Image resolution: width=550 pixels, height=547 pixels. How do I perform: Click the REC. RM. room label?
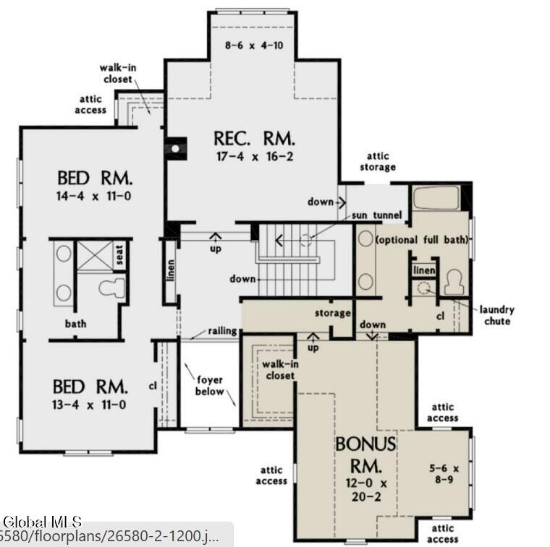pos(254,138)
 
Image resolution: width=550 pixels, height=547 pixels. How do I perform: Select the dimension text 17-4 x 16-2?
pos(254,156)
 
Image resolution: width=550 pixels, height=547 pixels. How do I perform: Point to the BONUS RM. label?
pos(365,452)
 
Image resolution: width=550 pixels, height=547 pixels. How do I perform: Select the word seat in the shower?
pos(120,254)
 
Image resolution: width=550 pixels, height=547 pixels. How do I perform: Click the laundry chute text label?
pos(496,315)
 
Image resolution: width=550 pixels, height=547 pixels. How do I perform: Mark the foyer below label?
pos(209,386)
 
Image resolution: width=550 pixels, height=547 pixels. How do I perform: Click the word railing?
pos(222,331)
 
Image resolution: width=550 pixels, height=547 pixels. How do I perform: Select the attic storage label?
pos(378,161)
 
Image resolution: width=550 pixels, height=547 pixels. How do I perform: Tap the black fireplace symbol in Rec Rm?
pos(174,148)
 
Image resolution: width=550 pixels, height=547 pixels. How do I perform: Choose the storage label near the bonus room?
pos(333,314)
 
